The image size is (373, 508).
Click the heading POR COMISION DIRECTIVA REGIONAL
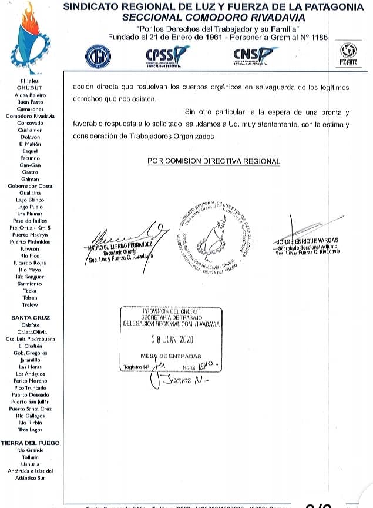[214, 161]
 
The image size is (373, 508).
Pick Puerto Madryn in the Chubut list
[31, 234]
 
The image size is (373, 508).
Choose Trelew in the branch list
[30, 305]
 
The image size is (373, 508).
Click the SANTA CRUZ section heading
[31, 318]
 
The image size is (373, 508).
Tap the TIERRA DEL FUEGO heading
[31, 443]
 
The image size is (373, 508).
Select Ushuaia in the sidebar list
[30, 464]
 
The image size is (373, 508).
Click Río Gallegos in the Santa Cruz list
[31, 416]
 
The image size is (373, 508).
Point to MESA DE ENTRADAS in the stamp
[171, 356]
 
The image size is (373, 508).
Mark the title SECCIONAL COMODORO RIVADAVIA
[213, 18]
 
